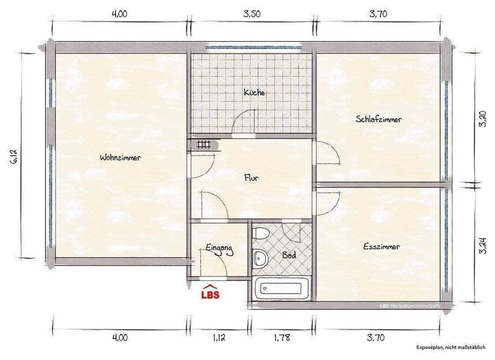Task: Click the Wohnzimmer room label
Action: tap(120, 157)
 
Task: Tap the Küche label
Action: tap(254, 92)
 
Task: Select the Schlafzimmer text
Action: tap(379, 119)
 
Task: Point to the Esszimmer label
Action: tap(382, 247)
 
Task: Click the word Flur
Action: tap(252, 178)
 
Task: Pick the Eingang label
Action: tap(220, 249)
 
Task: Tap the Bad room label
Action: tap(289, 255)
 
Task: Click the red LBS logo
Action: tap(211, 292)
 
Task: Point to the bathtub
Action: tap(281, 288)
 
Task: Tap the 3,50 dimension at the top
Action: tap(252, 14)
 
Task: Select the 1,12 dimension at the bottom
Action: tap(219, 337)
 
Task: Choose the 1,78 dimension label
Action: tap(282, 337)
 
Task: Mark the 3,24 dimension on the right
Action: tap(483, 246)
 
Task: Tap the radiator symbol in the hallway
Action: tap(204, 144)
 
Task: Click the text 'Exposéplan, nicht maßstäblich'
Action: tap(451, 347)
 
